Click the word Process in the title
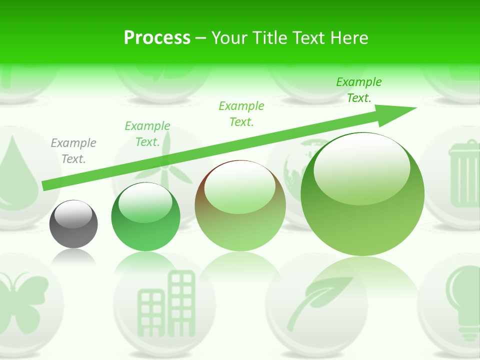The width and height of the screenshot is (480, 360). [157, 37]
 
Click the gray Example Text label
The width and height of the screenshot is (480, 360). [73, 151]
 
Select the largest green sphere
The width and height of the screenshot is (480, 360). [362, 195]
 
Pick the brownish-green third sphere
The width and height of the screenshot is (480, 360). [240, 206]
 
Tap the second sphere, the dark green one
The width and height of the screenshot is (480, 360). [145, 216]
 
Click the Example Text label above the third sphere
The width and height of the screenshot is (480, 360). [241, 113]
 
